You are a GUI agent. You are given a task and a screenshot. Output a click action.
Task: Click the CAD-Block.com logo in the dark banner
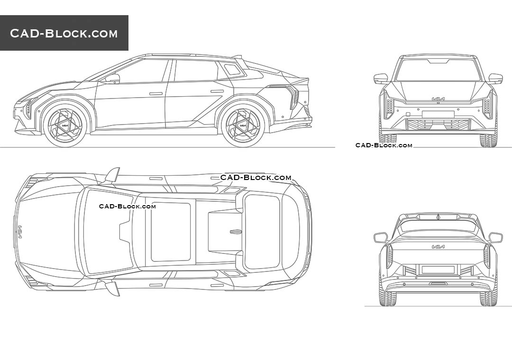tap(64, 33)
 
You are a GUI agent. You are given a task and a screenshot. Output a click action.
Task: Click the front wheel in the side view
tap(65, 125)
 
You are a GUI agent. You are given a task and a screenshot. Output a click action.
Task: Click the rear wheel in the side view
tap(243, 125)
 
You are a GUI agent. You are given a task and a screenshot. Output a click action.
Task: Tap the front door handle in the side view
tap(156, 94)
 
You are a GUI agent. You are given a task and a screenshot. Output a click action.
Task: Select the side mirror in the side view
tap(113, 79)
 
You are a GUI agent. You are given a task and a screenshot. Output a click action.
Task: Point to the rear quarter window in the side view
tap(232, 69)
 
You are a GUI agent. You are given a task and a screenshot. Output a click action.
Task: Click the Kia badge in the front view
tap(438, 99)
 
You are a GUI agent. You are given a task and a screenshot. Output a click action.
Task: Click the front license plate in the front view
tap(438, 114)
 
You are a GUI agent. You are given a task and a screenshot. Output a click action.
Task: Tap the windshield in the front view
tap(438, 70)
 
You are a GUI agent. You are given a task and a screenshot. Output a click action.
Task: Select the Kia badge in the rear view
tap(438, 247)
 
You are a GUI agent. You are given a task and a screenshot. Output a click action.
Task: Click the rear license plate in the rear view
tap(438, 270)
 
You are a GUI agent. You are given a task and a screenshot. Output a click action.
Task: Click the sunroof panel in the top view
tap(171, 232)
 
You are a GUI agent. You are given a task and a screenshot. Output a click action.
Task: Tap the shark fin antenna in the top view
tap(236, 232)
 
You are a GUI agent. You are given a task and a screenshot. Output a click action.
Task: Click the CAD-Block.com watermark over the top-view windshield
tap(128, 206)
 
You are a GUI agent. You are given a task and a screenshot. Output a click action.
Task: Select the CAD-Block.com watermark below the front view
tap(384, 145)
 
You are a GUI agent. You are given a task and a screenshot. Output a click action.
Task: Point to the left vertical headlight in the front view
tap(389, 104)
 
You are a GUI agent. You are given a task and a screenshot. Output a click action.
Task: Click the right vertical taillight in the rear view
tap(487, 256)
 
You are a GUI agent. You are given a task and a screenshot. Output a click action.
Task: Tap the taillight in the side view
tap(293, 97)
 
